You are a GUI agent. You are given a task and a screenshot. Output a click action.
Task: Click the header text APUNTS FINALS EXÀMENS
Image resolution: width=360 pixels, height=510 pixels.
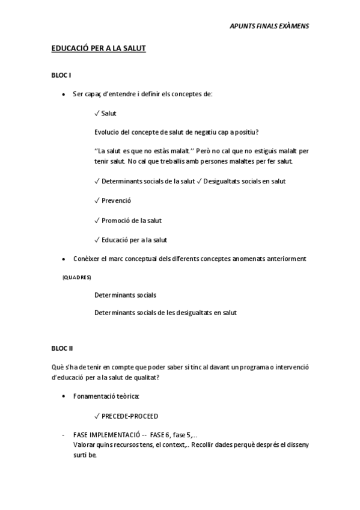pos(269,26)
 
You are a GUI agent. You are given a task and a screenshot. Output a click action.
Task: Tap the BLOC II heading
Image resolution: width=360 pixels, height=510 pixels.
pos(63,347)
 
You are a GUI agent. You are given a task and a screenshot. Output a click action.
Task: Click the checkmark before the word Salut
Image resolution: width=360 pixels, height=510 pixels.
pos(97,113)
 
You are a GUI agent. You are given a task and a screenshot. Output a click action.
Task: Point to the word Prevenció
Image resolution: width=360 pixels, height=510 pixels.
pos(117,200)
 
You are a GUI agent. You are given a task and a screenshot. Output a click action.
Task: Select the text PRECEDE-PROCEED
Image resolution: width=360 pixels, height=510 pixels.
pos(130,416)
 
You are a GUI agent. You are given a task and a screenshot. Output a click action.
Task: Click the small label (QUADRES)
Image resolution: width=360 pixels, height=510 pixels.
pos(77,277)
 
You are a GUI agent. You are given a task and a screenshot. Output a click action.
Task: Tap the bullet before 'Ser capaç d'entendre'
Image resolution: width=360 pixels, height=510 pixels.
pos(64,94)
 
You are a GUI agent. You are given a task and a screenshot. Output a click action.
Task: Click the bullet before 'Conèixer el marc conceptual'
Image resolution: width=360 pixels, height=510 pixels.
pos(64,259)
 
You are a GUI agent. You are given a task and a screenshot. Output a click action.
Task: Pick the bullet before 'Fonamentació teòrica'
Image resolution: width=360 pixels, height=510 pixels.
pos(64,396)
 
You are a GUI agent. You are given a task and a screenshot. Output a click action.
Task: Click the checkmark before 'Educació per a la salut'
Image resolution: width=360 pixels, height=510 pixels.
pos(97,240)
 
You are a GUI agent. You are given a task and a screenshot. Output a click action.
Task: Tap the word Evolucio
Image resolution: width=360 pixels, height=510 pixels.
pos(108,132)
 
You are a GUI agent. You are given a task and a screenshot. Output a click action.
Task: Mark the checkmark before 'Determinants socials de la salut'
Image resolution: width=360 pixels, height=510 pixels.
pos(97,181)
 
